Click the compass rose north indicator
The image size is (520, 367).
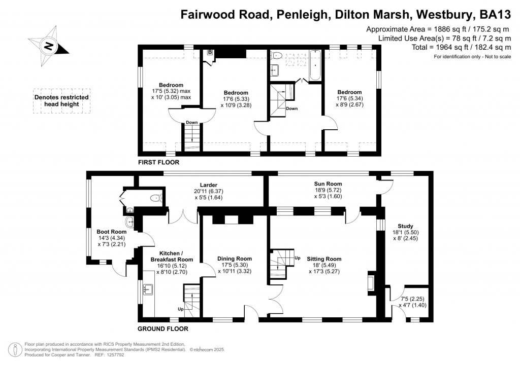(x=49, y=46)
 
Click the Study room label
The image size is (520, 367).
(x=406, y=226)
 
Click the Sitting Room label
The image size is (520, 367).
(x=324, y=259)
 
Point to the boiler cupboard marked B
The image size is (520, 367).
(x=209, y=52)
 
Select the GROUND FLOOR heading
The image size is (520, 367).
(x=163, y=328)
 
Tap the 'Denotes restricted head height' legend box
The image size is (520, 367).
(x=61, y=101)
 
